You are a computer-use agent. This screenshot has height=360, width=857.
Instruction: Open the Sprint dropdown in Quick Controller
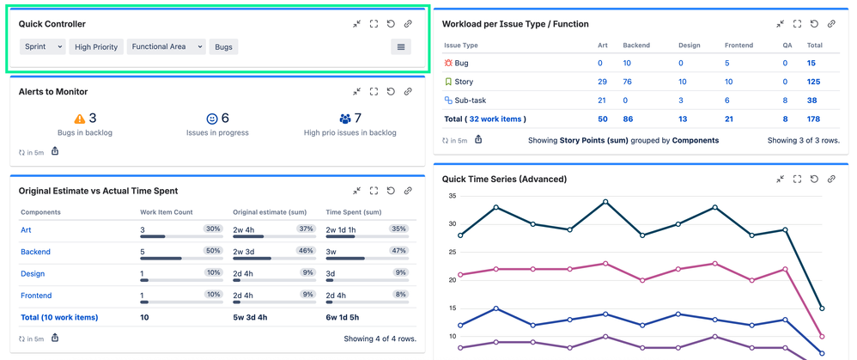coord(42,46)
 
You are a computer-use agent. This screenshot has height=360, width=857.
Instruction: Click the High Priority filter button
coord(96,46)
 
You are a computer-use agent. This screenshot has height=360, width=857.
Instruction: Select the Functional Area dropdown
coord(167,46)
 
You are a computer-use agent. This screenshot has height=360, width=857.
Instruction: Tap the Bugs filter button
coord(223,46)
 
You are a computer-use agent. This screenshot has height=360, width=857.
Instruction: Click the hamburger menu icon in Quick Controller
coord(400,46)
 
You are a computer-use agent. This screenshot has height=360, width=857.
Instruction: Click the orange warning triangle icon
coord(80,119)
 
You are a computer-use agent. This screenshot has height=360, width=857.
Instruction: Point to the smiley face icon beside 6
coord(212,119)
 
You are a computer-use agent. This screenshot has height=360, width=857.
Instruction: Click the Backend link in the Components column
coord(34,252)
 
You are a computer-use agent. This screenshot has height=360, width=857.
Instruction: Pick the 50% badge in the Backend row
coord(213,249)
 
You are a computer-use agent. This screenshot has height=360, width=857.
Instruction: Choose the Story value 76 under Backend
coord(628,82)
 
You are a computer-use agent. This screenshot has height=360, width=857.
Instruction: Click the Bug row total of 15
coord(811,63)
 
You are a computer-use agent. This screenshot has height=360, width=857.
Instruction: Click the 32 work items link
coord(496,119)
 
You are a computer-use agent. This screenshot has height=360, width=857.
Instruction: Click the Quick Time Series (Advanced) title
coord(504,179)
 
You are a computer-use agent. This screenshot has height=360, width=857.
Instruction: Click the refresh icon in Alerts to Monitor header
coord(391,91)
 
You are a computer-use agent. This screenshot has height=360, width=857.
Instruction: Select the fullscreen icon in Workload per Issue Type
coord(798,24)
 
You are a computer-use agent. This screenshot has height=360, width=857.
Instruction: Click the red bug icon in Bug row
coord(448,63)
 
